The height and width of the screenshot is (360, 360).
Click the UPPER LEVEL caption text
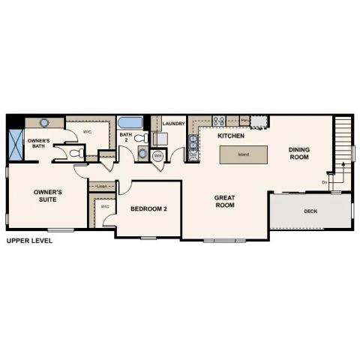coord(29,241)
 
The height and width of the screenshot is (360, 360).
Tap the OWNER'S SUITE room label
coord(48,196)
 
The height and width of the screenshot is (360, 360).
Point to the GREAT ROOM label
coord(225,201)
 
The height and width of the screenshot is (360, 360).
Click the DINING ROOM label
coord(299,153)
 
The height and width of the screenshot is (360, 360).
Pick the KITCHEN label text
coord(231,136)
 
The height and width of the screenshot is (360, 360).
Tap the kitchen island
coord(244,155)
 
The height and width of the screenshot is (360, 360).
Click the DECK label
coord(310,211)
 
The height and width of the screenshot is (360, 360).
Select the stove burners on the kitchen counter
coord(220,121)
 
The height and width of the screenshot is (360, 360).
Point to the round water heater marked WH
coord(158,156)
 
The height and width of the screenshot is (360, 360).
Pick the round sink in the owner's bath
coord(44,122)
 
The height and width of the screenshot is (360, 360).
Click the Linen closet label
coord(103,186)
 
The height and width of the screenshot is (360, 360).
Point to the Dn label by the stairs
coord(325,182)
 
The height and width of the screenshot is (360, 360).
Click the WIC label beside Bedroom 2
coord(105,205)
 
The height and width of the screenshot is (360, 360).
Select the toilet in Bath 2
coord(142,138)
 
